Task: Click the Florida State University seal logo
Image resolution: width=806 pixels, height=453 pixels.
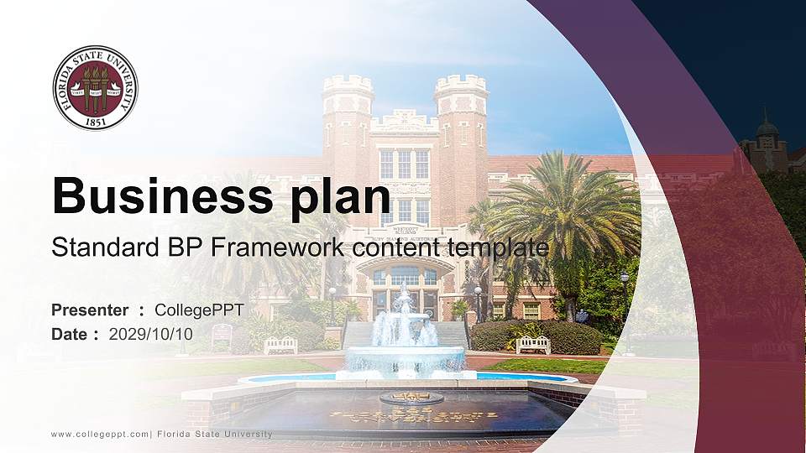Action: click(95, 88)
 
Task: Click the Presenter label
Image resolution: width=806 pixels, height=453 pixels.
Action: click(90, 310)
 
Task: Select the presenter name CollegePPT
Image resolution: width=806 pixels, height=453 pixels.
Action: click(199, 310)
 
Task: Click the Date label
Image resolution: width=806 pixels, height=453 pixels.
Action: click(71, 334)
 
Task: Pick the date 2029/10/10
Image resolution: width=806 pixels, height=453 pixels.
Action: click(151, 334)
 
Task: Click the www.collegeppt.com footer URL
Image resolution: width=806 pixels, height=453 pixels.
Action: click(100, 434)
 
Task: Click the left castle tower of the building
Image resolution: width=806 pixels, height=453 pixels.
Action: click(348, 126)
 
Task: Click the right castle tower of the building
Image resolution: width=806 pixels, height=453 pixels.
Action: click(461, 126)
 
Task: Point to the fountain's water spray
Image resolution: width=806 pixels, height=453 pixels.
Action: click(404, 323)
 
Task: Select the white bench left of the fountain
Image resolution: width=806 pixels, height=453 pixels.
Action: click(280, 345)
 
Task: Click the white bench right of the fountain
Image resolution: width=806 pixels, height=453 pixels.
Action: click(533, 344)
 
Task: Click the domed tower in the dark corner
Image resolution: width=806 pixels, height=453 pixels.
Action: click(767, 138)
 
